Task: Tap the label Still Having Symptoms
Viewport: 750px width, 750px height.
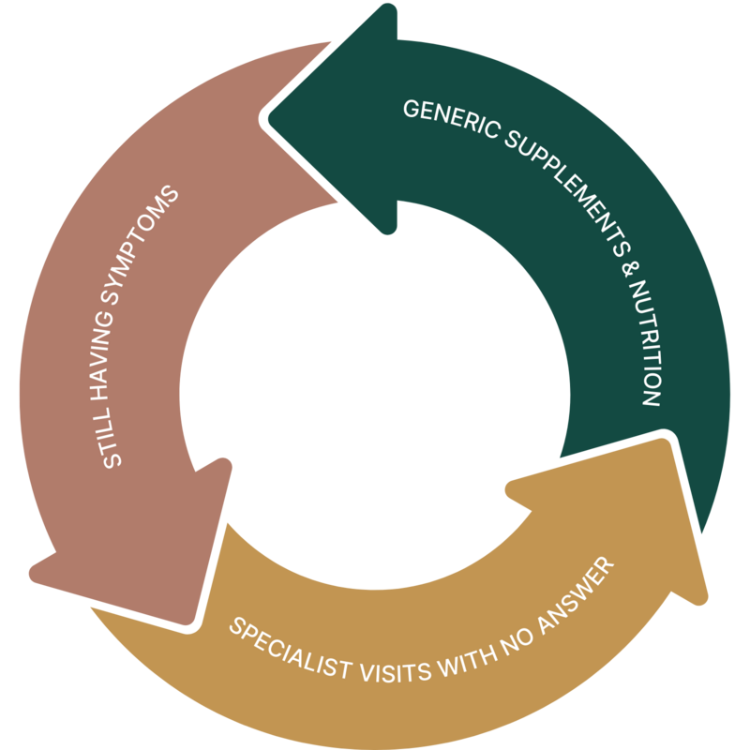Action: pyautogui.click(x=131, y=328)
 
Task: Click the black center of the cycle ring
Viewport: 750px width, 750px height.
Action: pyautogui.click(x=375, y=375)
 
